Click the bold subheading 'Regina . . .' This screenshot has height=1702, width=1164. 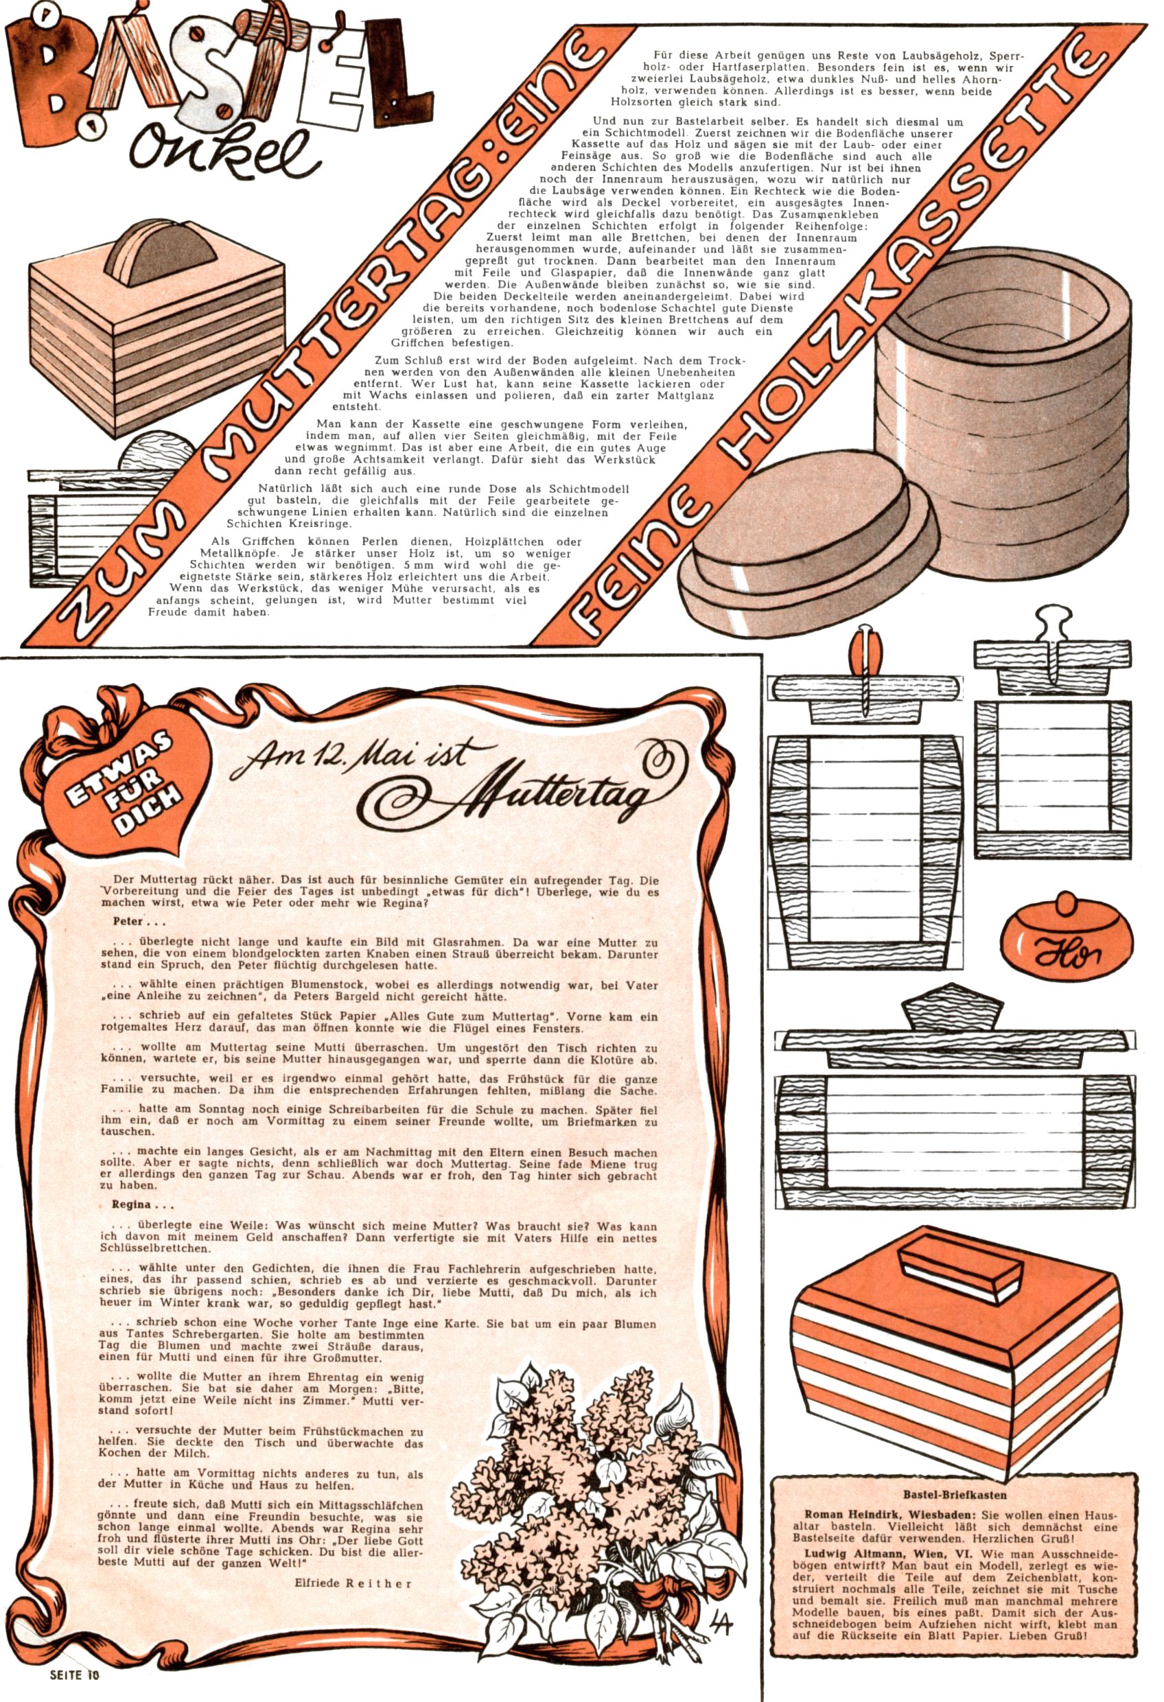[142, 1204]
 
